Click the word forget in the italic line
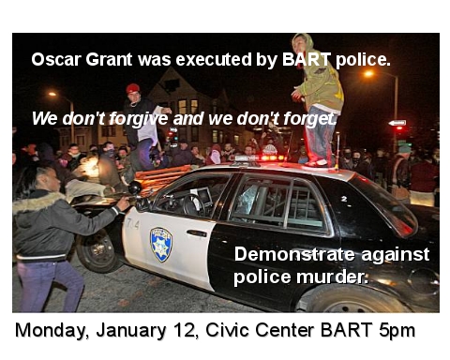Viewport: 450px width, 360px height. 309,119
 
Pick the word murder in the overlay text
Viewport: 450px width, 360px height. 336,277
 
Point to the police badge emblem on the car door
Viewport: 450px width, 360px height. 161,244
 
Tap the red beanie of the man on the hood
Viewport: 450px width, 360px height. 133,89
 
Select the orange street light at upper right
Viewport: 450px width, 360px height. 368,73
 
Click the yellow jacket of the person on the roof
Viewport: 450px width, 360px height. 320,89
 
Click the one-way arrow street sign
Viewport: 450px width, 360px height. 397,123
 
